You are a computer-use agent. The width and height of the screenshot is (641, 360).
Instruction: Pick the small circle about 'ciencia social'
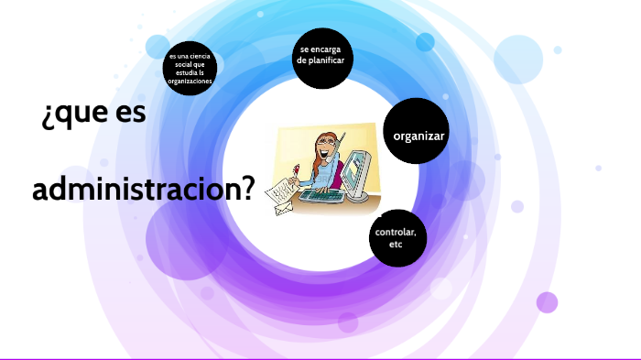190,69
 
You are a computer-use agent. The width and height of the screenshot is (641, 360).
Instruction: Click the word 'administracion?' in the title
143,190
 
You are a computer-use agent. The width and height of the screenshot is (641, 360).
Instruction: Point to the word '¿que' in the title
65,117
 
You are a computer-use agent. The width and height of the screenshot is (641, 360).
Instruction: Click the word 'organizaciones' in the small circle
190,82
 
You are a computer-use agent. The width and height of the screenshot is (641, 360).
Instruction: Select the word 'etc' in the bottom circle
396,245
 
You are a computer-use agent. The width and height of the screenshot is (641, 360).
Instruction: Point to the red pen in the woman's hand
297,170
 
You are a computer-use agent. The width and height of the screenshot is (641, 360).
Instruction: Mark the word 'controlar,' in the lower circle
396,233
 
